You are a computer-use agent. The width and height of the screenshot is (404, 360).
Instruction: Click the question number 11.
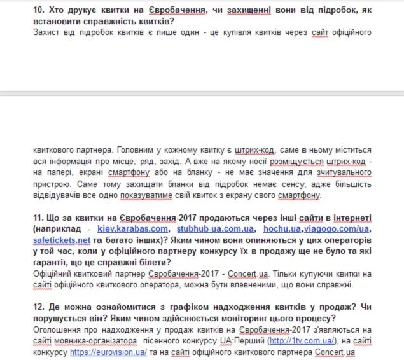[x=38, y=218]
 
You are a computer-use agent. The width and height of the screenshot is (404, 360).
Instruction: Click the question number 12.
[x=38, y=307]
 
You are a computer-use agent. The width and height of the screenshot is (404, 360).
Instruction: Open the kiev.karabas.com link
[x=133, y=229]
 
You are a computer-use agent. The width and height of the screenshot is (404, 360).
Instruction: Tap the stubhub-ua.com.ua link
[x=216, y=229]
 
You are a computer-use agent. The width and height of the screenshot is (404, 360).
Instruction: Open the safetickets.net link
[x=62, y=240]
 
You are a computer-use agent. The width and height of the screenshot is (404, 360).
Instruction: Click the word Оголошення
[x=58, y=329]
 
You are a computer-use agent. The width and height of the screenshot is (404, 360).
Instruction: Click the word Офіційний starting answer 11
[x=55, y=273]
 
